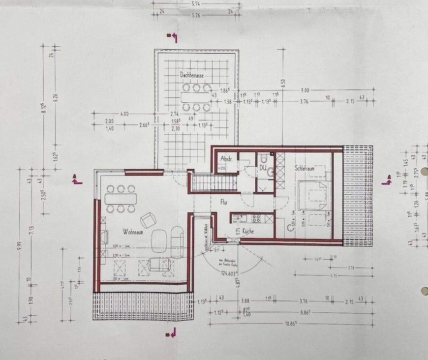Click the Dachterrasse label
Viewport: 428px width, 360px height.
click(192, 75)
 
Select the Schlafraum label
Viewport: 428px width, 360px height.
click(305, 168)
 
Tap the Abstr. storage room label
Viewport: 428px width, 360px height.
click(226, 159)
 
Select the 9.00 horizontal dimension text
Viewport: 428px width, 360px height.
click(305, 90)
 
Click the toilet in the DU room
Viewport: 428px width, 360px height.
click(264, 158)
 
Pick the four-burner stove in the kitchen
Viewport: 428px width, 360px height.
click(255, 218)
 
